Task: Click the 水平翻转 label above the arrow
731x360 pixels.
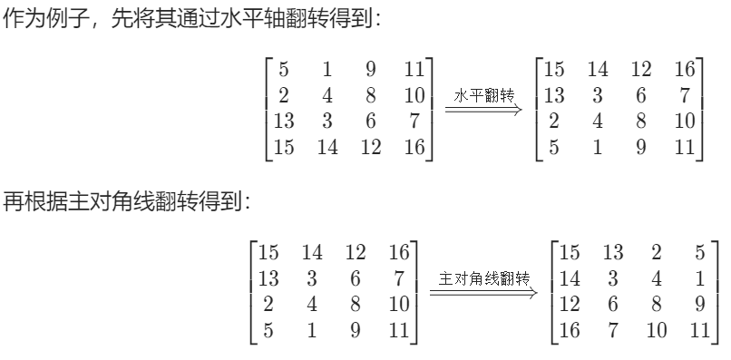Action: (482, 95)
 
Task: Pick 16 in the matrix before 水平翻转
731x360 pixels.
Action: (414, 148)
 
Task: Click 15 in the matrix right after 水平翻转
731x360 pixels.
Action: (553, 69)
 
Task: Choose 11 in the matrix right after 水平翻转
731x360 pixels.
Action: (685, 148)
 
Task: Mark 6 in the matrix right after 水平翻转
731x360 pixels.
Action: (640, 95)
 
